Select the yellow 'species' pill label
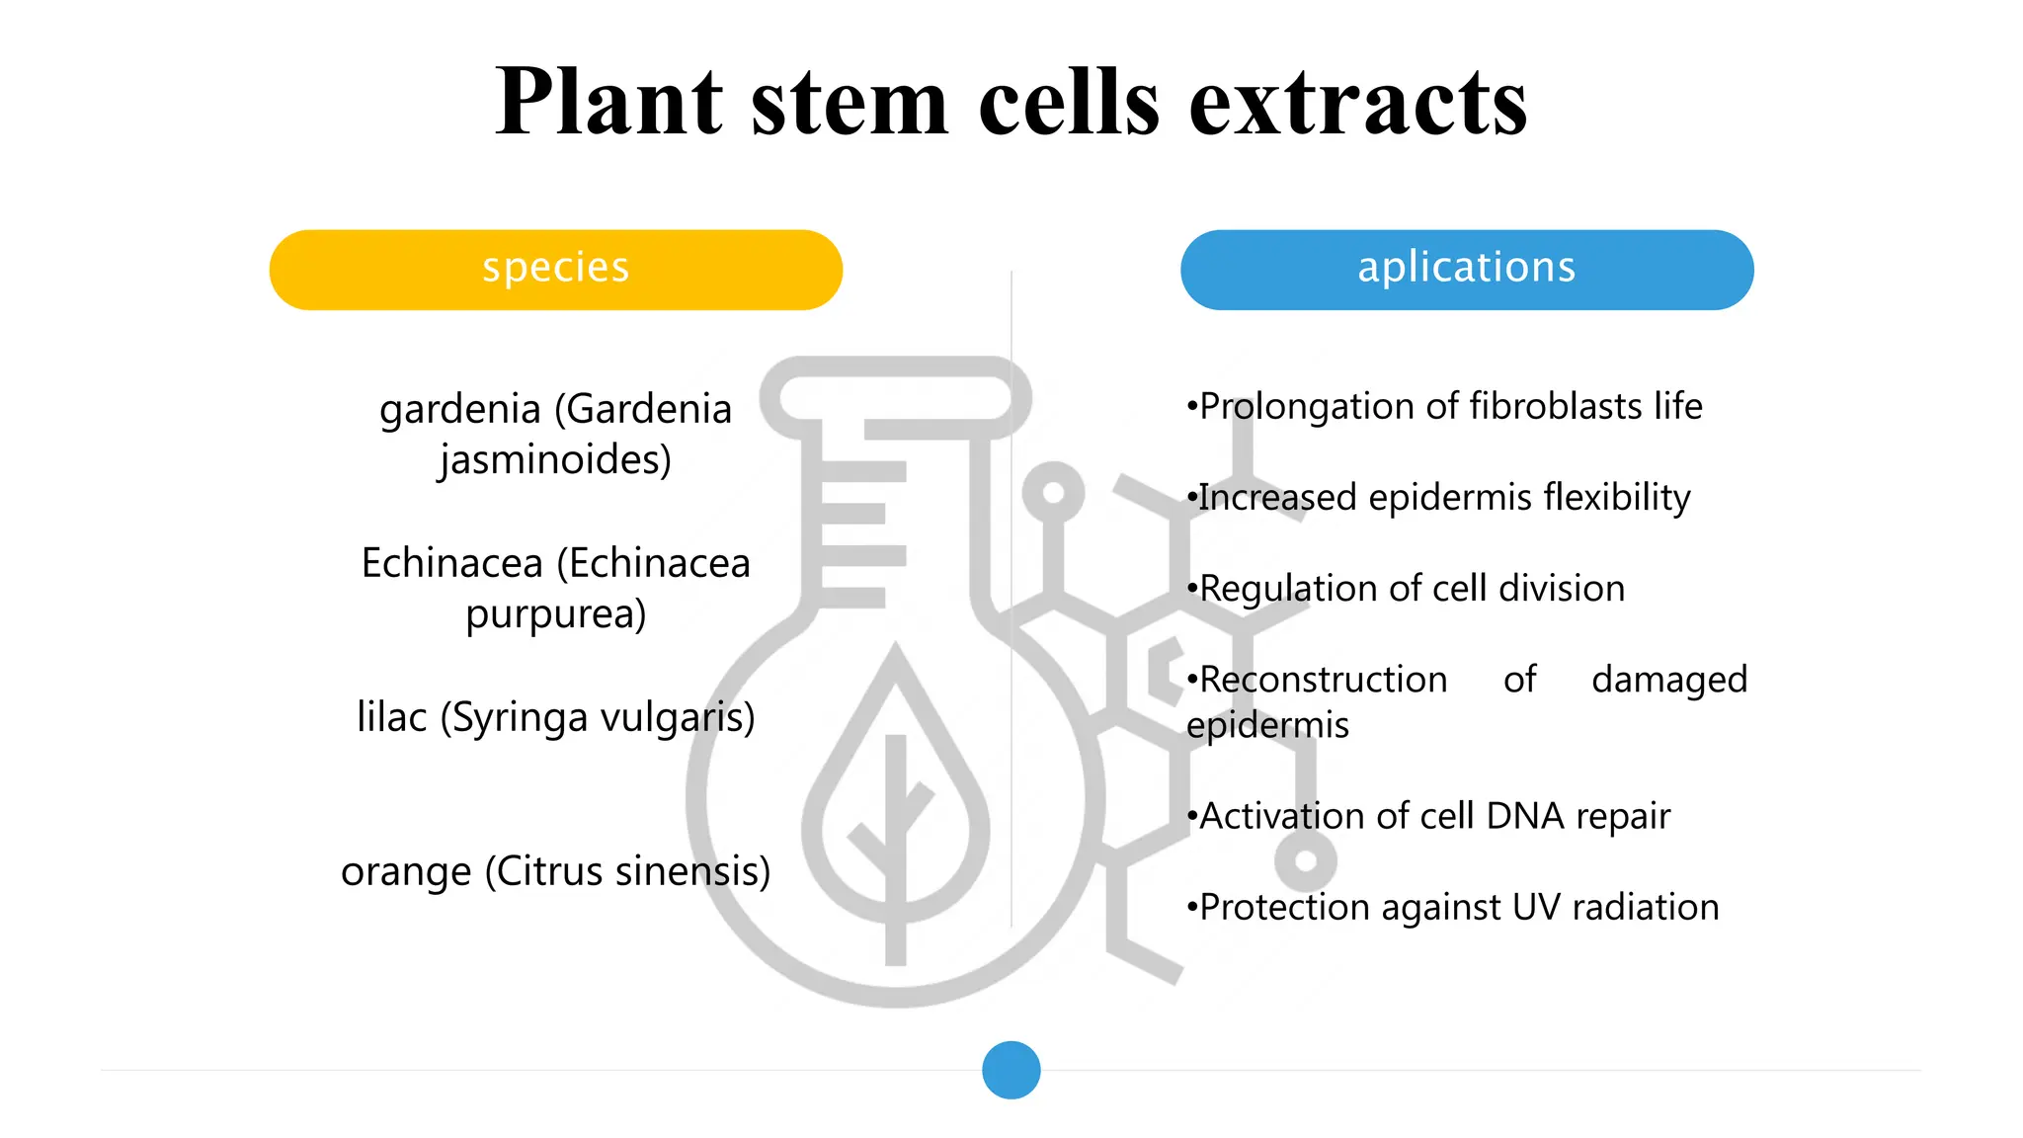(x=555, y=269)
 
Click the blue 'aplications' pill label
(x=1466, y=269)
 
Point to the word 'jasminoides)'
(x=555, y=459)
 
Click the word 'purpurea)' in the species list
(x=555, y=613)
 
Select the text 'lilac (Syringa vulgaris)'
(x=555, y=717)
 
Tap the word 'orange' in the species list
(x=406, y=872)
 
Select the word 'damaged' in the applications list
(x=1668, y=680)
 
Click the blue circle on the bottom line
(x=1011, y=1070)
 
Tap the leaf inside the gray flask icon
(x=895, y=800)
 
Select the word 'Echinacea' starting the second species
(x=451, y=563)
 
